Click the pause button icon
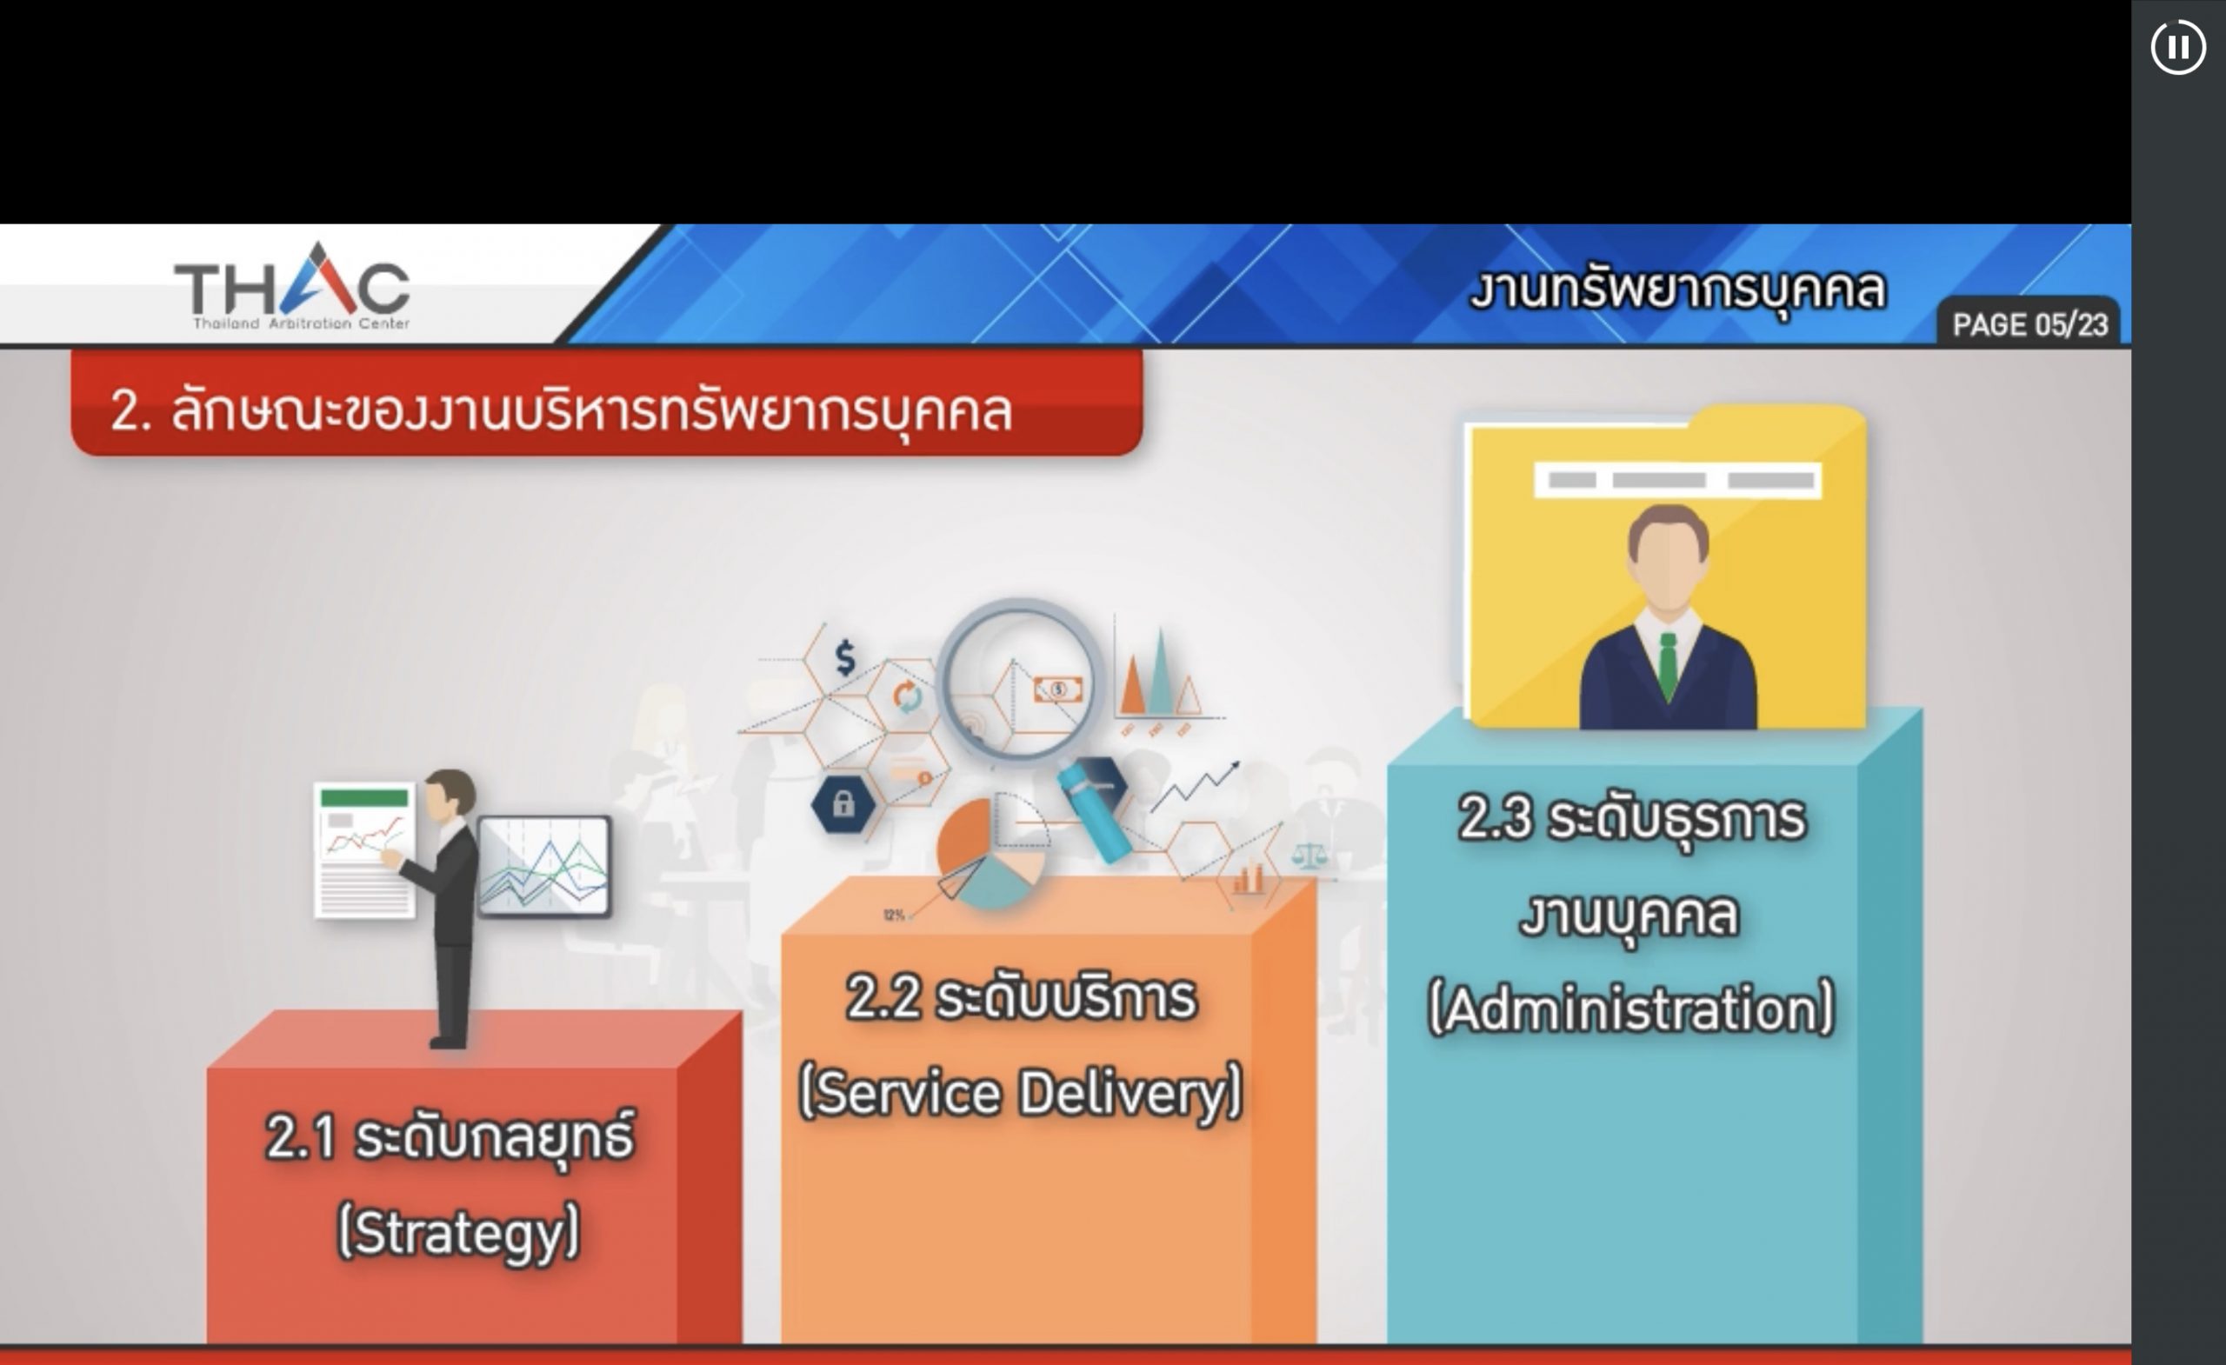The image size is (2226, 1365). (2177, 47)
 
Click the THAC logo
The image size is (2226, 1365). (292, 286)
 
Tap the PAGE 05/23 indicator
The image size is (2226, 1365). (2029, 324)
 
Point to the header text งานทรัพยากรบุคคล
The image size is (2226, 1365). (1677, 289)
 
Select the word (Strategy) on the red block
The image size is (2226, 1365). (458, 1232)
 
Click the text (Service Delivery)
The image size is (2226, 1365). (1021, 1093)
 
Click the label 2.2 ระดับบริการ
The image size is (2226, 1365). (1021, 997)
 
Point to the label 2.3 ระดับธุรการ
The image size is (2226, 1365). (1631, 820)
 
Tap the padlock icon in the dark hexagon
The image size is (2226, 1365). (843, 803)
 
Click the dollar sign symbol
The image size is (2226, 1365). (845, 657)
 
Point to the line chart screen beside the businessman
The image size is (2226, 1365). (543, 865)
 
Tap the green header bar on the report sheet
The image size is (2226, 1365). (364, 797)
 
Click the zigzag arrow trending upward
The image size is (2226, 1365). (1195, 786)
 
